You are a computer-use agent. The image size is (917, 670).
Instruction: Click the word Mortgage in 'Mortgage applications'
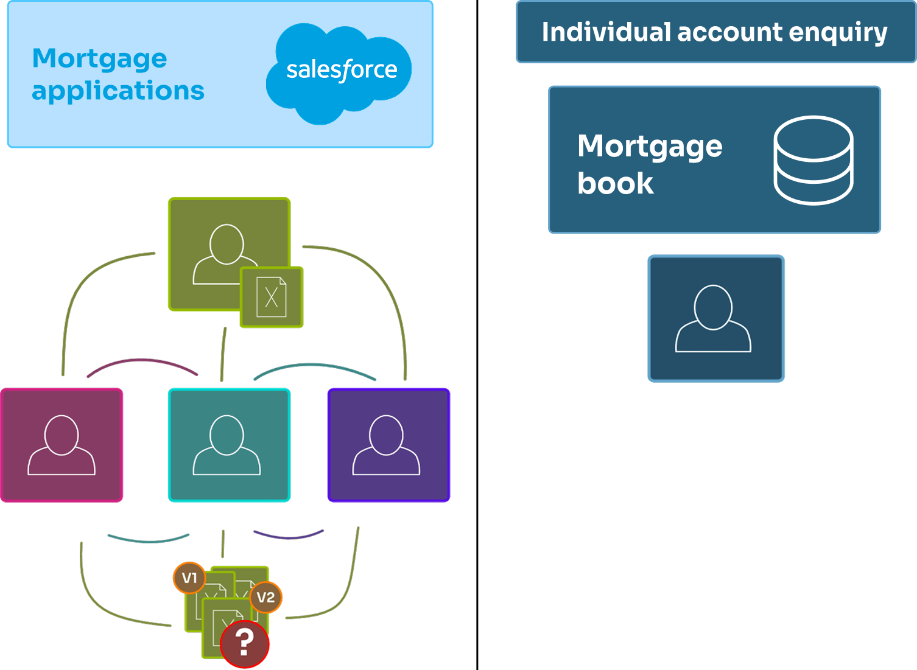pyautogui.click(x=99, y=58)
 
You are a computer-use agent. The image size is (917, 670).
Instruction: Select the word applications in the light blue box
pyautogui.click(x=118, y=91)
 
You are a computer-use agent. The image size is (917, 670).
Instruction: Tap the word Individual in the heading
pyautogui.click(x=606, y=32)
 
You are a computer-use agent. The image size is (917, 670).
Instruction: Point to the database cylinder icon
pyautogui.click(x=813, y=159)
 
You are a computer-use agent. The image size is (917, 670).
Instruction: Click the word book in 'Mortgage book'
pyautogui.click(x=615, y=183)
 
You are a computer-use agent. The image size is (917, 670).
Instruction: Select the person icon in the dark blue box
pyautogui.click(x=713, y=318)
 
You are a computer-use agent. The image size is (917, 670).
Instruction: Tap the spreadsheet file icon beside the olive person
pyautogui.click(x=272, y=297)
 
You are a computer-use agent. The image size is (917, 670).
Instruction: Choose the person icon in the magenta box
pyautogui.click(x=61, y=445)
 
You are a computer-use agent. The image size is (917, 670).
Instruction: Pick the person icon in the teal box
pyautogui.click(x=227, y=445)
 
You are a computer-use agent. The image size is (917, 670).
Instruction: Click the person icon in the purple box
pyautogui.click(x=386, y=445)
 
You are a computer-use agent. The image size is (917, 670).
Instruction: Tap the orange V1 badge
pyautogui.click(x=189, y=578)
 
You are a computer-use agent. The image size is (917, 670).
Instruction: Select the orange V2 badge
pyautogui.click(x=265, y=597)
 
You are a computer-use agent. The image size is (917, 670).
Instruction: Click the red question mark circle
pyautogui.click(x=245, y=643)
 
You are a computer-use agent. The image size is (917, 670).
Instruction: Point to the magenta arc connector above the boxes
pyautogui.click(x=142, y=361)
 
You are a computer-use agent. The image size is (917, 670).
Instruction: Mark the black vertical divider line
pyautogui.click(x=477, y=335)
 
